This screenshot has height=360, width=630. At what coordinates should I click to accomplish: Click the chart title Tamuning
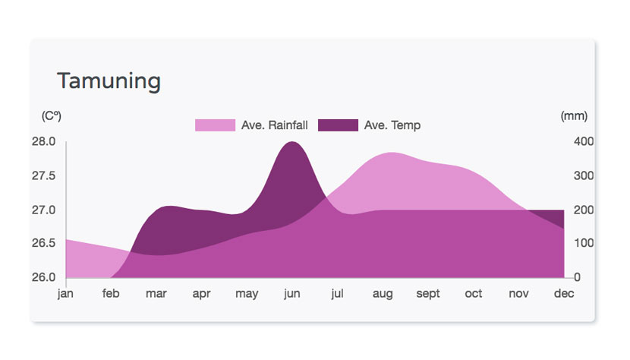tap(109, 81)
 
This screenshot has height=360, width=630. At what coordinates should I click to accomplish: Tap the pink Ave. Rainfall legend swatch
tap(215, 125)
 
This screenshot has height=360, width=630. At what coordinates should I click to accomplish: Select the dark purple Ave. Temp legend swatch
tap(338, 125)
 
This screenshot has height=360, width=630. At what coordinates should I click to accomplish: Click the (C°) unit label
tap(52, 116)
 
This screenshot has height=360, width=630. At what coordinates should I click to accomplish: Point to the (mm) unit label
tap(574, 116)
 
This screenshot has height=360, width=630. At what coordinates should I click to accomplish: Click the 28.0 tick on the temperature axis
tap(43, 141)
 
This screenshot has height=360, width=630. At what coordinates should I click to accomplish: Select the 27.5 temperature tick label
tap(43, 175)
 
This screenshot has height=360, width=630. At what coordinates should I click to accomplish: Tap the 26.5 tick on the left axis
tap(43, 243)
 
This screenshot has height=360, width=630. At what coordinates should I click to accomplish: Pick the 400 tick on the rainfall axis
tap(584, 141)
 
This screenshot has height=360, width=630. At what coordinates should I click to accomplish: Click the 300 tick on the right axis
tap(584, 175)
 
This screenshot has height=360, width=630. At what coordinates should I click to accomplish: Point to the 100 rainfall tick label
tap(584, 243)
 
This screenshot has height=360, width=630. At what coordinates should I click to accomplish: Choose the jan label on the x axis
tap(65, 294)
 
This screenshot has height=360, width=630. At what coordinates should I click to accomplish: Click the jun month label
tap(292, 294)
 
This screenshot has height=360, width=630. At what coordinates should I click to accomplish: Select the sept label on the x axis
tap(428, 294)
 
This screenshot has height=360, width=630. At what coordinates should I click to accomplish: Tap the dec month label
tap(564, 294)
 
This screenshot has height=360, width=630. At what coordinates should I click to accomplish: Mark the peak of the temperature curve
tap(292, 141)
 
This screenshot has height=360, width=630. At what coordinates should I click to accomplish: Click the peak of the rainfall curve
tap(392, 153)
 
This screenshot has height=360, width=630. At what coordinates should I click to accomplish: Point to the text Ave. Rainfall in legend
tap(275, 125)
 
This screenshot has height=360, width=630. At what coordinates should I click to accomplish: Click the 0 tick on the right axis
tap(578, 277)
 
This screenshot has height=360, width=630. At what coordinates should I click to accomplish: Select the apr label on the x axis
tap(201, 294)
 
